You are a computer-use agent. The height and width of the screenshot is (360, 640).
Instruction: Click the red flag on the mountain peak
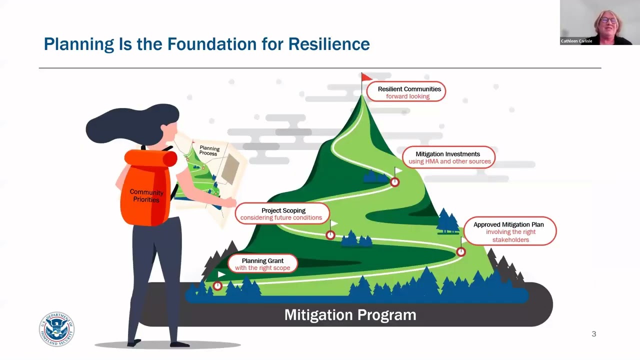click(366, 77)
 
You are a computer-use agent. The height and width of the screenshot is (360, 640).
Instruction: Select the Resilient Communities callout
click(406, 92)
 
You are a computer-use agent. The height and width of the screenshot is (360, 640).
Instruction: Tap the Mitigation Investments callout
click(448, 157)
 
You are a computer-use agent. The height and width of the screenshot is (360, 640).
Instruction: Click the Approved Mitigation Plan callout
click(509, 231)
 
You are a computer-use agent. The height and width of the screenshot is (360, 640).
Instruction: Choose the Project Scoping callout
click(282, 213)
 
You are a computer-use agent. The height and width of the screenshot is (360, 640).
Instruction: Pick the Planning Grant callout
click(262, 264)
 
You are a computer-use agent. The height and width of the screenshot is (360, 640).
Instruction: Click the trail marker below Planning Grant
click(217, 286)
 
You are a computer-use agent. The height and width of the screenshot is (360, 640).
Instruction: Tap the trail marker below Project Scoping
click(330, 235)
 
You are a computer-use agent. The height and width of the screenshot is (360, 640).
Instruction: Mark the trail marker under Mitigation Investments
click(394, 182)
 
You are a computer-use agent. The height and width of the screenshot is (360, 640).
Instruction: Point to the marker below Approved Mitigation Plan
click(461, 252)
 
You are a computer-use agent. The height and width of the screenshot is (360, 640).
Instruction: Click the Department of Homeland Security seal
click(56, 328)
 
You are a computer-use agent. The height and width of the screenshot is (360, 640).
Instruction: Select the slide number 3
click(594, 334)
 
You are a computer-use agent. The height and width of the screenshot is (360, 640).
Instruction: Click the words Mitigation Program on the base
click(350, 315)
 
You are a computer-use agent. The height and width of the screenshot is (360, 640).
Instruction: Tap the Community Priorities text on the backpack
click(146, 196)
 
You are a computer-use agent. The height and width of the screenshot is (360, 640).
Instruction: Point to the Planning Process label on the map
click(209, 150)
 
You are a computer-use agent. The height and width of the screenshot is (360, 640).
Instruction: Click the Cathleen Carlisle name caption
click(576, 41)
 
